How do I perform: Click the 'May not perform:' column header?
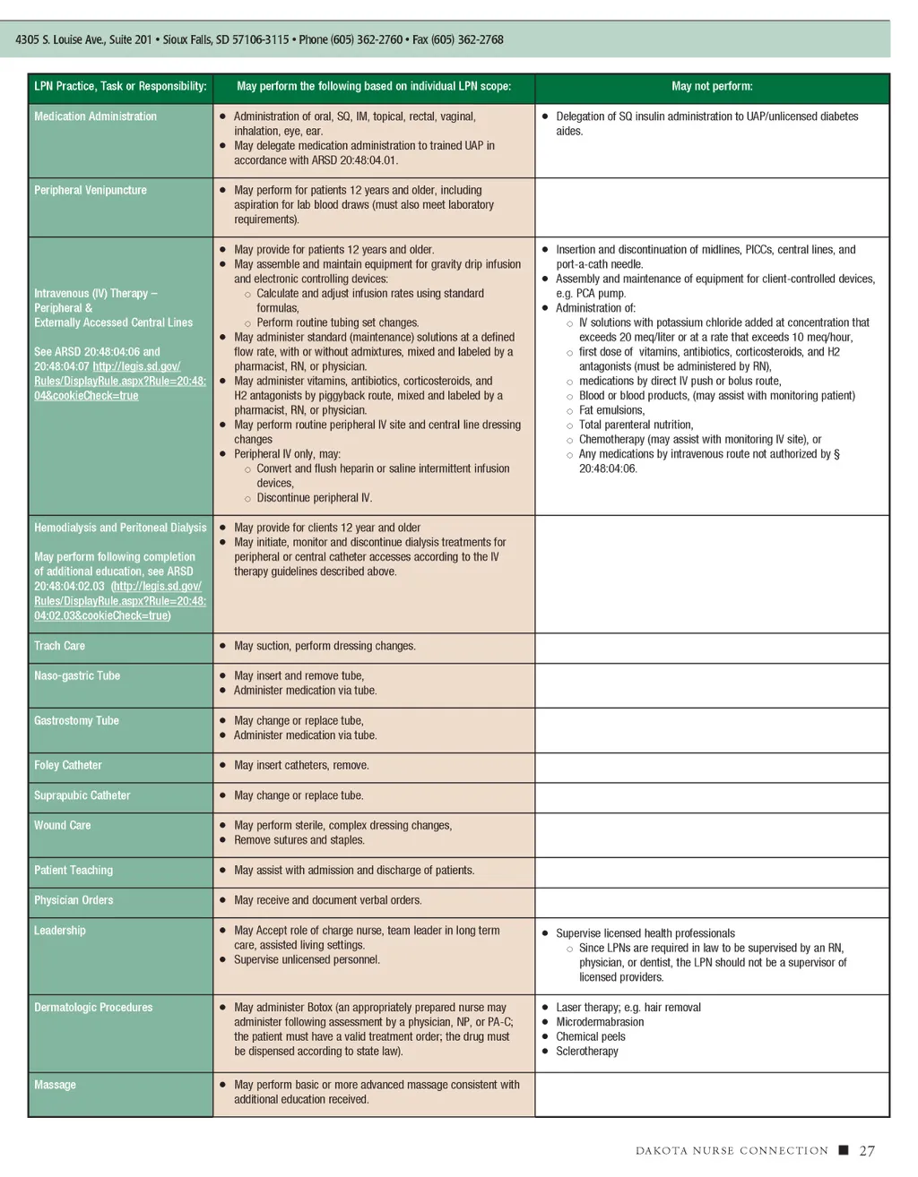712,87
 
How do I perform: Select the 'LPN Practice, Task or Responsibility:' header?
120,87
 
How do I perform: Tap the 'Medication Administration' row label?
95,116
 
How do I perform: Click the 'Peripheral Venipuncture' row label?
91,190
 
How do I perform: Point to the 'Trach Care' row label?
60,646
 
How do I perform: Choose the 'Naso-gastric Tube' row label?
77,676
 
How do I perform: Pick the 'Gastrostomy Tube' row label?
76,721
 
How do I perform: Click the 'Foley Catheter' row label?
68,766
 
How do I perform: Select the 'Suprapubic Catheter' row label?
82,795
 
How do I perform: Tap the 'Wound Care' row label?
63,826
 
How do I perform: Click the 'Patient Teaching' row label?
74,871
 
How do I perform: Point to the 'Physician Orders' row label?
74,900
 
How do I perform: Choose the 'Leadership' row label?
60,931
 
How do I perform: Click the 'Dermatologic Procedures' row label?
93,1008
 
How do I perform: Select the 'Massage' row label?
55,1085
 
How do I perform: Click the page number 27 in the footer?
867,1151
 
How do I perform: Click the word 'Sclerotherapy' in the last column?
587,1052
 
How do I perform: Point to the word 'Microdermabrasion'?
600,1022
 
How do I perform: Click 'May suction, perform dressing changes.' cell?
325,646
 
